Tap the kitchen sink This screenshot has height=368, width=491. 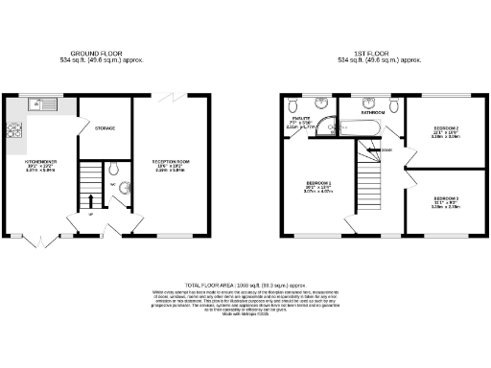tap(42, 103)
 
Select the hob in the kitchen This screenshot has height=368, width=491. tap(15, 132)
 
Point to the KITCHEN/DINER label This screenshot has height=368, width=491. tap(41, 163)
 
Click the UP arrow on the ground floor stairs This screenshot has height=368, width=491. tap(90, 202)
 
